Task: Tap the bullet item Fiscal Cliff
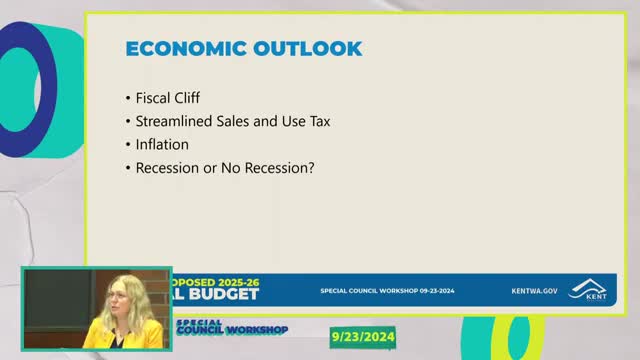167,98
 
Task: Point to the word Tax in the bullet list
318,121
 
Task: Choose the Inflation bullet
162,144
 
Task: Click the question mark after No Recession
311,167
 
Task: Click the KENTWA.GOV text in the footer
531,291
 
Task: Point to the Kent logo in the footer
587,289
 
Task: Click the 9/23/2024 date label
363,337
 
